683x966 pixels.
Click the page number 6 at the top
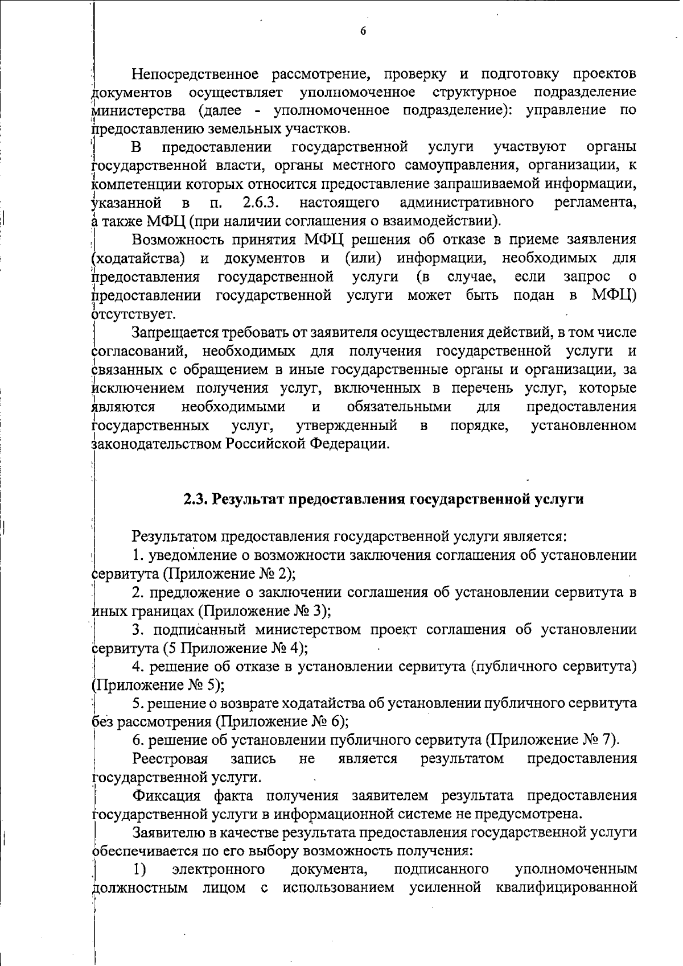(x=363, y=31)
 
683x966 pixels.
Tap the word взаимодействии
(x=449, y=220)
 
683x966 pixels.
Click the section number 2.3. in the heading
(x=196, y=499)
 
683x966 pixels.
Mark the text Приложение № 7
(x=550, y=740)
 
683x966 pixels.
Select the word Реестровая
(x=170, y=758)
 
